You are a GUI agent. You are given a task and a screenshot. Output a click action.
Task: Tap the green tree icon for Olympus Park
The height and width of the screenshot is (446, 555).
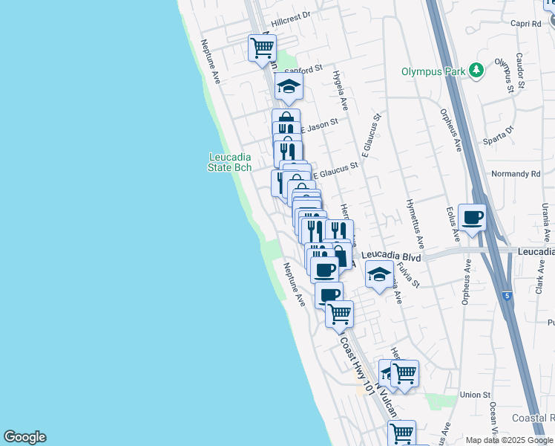(475, 71)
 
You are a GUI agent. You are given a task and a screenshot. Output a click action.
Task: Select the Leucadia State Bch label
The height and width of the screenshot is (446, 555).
(229, 162)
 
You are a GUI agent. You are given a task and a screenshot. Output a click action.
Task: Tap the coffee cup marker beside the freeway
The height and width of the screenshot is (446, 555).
(472, 218)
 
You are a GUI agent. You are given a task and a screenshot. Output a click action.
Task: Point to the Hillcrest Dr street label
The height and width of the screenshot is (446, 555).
(290, 14)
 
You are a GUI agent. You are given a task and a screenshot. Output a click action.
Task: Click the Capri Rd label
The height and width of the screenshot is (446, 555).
(526, 23)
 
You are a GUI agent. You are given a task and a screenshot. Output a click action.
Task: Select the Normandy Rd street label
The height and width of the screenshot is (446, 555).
(516, 174)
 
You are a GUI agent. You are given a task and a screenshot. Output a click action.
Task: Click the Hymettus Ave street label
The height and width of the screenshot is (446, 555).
(415, 223)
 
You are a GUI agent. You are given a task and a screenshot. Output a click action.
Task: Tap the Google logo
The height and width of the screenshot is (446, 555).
(24, 437)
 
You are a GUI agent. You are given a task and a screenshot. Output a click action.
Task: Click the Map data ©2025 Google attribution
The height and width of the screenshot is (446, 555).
(508, 440)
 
